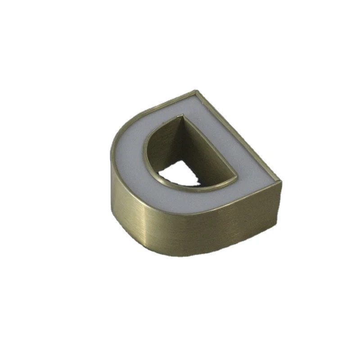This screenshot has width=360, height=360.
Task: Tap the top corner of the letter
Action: [x=195, y=92]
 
